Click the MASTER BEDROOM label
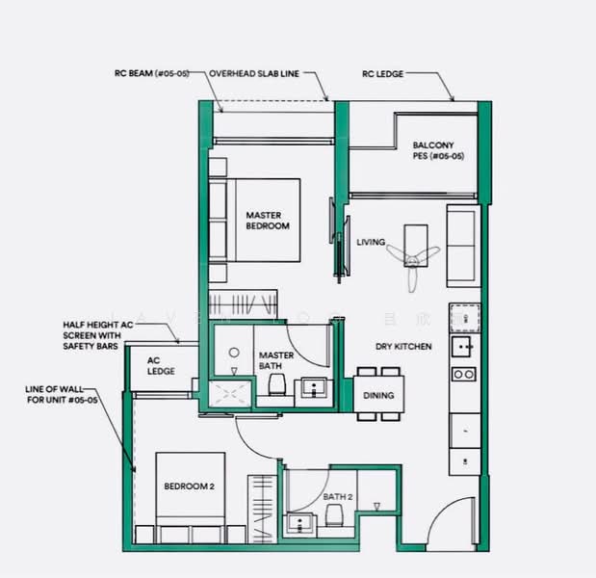(268, 221)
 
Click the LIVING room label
(371, 242)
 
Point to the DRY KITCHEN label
(403, 346)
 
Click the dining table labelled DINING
(378, 395)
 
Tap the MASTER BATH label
(276, 361)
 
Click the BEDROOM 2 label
(189, 486)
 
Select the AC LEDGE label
(160, 366)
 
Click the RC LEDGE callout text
(382, 72)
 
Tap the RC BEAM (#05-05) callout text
(158, 72)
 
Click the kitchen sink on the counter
(464, 345)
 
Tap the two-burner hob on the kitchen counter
(464, 374)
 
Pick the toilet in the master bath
(277, 385)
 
